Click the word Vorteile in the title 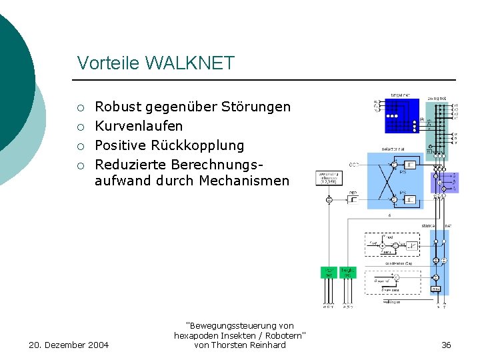coord(108,63)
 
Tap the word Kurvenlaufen coord(139,126)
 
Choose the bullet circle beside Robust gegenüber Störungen coord(81,107)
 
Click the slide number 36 coord(446,345)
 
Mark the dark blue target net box coord(402,116)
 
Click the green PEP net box coord(329,272)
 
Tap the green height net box coord(347,272)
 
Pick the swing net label coord(437,98)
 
